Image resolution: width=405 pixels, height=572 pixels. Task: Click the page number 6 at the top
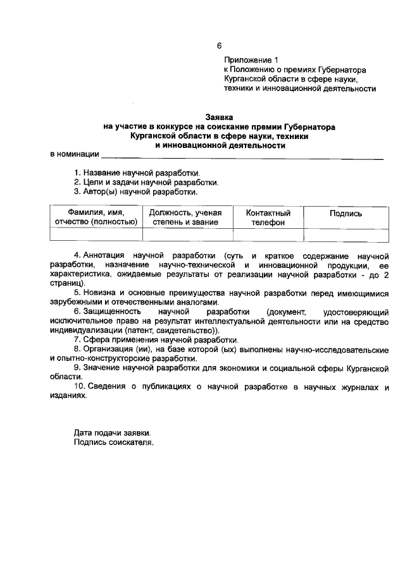pyautogui.click(x=219, y=46)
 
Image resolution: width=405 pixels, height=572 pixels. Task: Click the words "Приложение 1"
pyautogui.click(x=251, y=60)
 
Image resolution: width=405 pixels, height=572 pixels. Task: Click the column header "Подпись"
pyautogui.click(x=346, y=214)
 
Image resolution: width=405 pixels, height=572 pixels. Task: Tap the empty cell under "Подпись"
pyautogui.click(x=346, y=234)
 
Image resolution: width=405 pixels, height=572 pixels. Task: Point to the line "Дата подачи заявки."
pyautogui.click(x=112, y=433)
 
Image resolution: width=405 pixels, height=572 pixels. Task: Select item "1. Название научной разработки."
pyautogui.click(x=137, y=173)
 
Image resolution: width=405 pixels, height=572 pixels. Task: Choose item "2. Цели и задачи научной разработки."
pyautogui.click(x=146, y=182)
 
